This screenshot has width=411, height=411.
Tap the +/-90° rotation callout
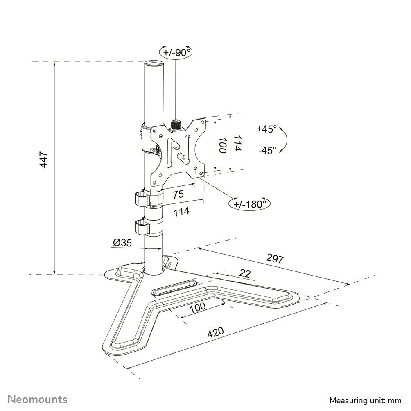coord(175,53)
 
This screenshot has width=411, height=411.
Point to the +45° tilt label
coord(266,129)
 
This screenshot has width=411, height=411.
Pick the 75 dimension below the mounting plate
coord(178,194)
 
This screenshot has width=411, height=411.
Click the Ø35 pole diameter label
coord(122,243)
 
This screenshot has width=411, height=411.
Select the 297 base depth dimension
coord(275,258)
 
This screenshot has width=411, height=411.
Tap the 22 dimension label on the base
coord(245,273)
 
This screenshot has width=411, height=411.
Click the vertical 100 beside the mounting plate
coord(222,145)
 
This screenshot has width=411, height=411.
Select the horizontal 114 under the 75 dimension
coord(181,211)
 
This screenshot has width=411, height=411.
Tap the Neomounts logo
coord(38,399)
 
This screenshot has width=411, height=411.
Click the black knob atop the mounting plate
coord(176,124)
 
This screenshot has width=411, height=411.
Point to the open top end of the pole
coord(153,64)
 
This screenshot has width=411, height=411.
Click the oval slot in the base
coord(174,287)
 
